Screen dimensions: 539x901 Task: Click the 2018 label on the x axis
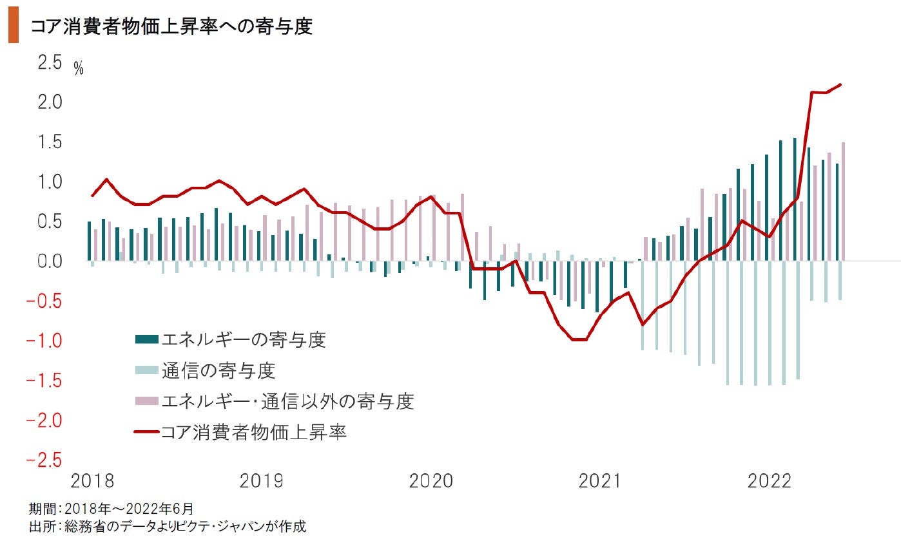click(x=92, y=481)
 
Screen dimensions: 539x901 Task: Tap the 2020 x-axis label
click(x=431, y=481)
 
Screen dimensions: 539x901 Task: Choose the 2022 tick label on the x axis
click(x=769, y=481)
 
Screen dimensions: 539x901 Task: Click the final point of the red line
click(x=840, y=84)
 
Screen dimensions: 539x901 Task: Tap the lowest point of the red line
click(x=578, y=339)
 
